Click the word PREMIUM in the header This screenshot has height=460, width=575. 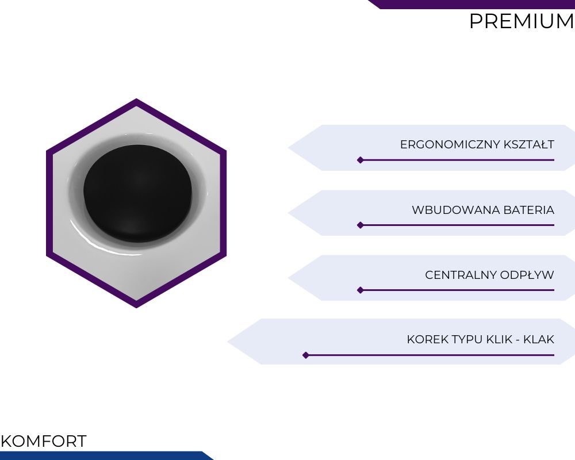(522, 21)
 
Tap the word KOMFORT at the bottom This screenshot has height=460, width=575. (44, 441)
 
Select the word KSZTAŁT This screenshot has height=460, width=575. (529, 144)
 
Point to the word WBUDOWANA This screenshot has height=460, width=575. (456, 210)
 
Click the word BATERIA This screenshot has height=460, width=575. (529, 210)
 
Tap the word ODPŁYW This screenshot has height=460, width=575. (527, 274)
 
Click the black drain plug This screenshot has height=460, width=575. (137, 193)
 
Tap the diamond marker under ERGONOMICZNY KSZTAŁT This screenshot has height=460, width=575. (361, 160)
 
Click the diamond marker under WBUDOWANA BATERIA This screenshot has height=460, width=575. (361, 225)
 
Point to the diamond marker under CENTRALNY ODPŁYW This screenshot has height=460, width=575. (361, 290)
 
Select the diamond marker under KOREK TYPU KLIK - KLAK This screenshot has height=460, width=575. (306, 355)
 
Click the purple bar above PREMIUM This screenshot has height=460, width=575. (471, 4)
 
